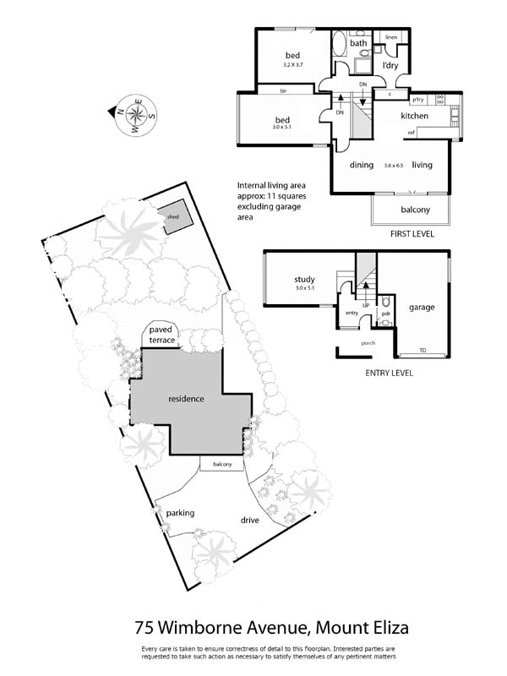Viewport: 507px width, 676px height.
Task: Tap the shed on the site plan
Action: (x=172, y=215)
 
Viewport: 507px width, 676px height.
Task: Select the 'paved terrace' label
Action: (x=161, y=334)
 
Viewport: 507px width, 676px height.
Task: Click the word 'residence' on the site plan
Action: (x=187, y=398)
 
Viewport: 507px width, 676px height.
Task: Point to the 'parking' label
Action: (x=181, y=513)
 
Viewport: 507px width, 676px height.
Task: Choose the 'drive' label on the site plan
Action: (x=249, y=520)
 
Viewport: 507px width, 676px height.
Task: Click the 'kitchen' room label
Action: (x=414, y=116)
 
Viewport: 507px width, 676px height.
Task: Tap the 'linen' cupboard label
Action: (x=390, y=38)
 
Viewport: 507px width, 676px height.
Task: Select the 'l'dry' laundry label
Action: (x=390, y=65)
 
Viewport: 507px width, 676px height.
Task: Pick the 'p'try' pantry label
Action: (x=417, y=98)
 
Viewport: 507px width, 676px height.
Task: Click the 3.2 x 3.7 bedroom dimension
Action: (x=292, y=64)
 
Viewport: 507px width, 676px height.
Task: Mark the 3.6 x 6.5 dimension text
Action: (x=393, y=166)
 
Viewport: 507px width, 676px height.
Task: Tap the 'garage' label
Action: (x=421, y=307)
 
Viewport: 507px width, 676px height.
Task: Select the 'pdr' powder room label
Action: (x=385, y=313)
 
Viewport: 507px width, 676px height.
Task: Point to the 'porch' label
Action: (x=368, y=342)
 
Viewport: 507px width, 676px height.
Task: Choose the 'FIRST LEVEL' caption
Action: (x=410, y=234)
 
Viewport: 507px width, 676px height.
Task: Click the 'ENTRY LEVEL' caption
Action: (x=389, y=372)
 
